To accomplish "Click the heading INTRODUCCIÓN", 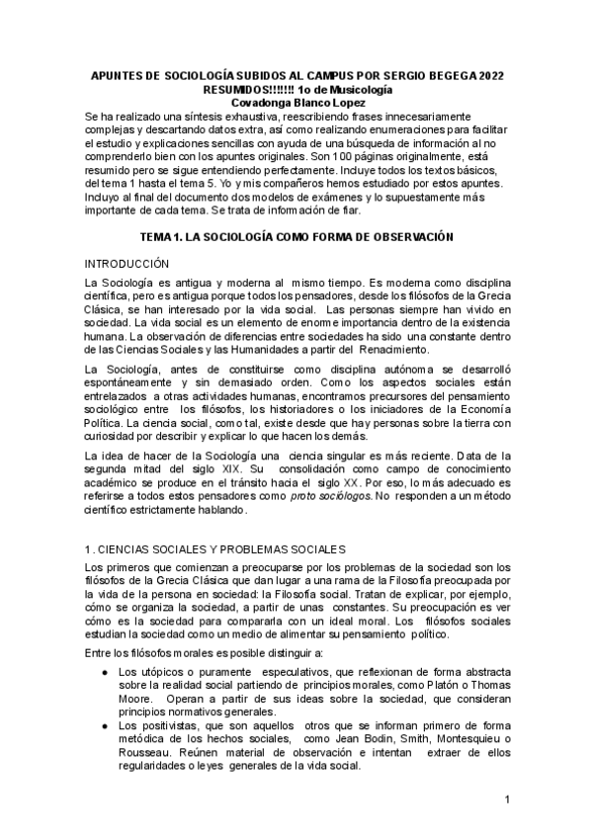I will point(127,265).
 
